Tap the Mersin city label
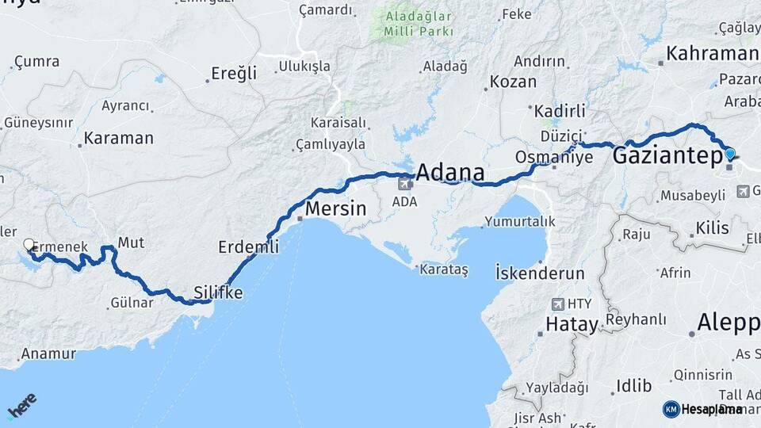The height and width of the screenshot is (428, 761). (x=336, y=210)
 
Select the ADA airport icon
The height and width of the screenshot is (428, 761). (x=404, y=184)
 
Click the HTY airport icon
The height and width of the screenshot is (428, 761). (x=559, y=304)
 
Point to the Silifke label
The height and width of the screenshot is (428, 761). (x=219, y=292)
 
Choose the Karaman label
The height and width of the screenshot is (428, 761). (x=118, y=138)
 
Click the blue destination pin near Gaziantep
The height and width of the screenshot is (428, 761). (x=729, y=155)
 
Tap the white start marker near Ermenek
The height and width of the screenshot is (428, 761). (x=29, y=245)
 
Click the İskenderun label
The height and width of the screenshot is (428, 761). (x=540, y=273)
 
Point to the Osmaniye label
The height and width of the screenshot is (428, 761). (x=553, y=157)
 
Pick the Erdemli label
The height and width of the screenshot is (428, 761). (x=248, y=247)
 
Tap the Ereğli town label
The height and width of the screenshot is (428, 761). (x=234, y=74)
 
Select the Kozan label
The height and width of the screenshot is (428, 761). (x=513, y=81)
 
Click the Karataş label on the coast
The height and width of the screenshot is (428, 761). (x=444, y=270)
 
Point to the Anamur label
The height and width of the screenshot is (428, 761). (x=48, y=353)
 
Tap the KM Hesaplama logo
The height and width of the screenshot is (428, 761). (x=702, y=409)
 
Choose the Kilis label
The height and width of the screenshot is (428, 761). (x=711, y=228)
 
